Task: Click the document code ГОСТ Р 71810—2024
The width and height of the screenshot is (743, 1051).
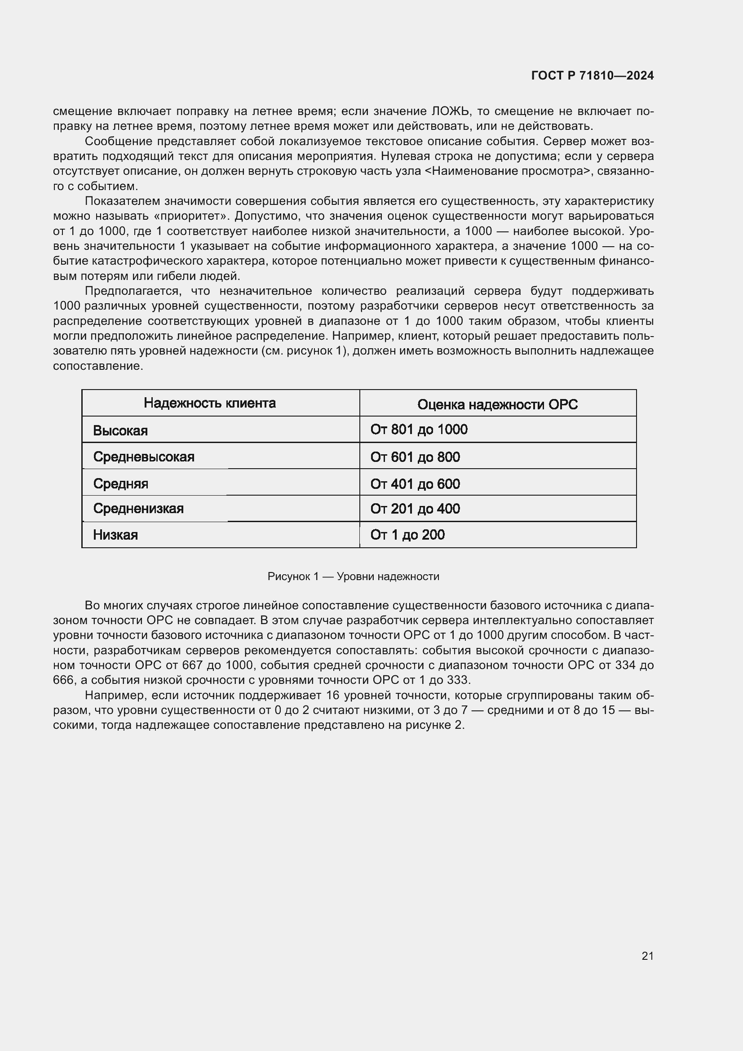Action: coord(592,75)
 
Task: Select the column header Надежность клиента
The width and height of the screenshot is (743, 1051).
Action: coord(209,403)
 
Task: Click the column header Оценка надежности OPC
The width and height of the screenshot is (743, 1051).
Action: coord(497,404)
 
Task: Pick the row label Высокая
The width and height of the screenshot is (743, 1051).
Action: coord(120,430)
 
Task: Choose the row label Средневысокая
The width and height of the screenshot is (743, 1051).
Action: coord(144,457)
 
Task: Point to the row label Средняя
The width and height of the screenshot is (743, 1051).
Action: coord(121,483)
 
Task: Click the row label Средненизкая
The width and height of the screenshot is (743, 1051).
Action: coord(138,508)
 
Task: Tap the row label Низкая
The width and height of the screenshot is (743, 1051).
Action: coord(115,535)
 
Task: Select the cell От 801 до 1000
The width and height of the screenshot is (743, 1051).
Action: coord(419,430)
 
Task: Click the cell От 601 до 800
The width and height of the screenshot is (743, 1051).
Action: coord(415,457)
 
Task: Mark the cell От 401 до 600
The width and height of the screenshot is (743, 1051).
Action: coord(415,484)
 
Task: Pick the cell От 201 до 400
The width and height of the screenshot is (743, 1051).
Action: coord(415,509)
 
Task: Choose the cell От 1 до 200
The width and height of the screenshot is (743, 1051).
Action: coord(407,535)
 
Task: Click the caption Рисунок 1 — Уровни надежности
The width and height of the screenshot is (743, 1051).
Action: coord(353,576)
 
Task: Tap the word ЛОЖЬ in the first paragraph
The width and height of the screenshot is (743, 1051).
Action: coord(450,111)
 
